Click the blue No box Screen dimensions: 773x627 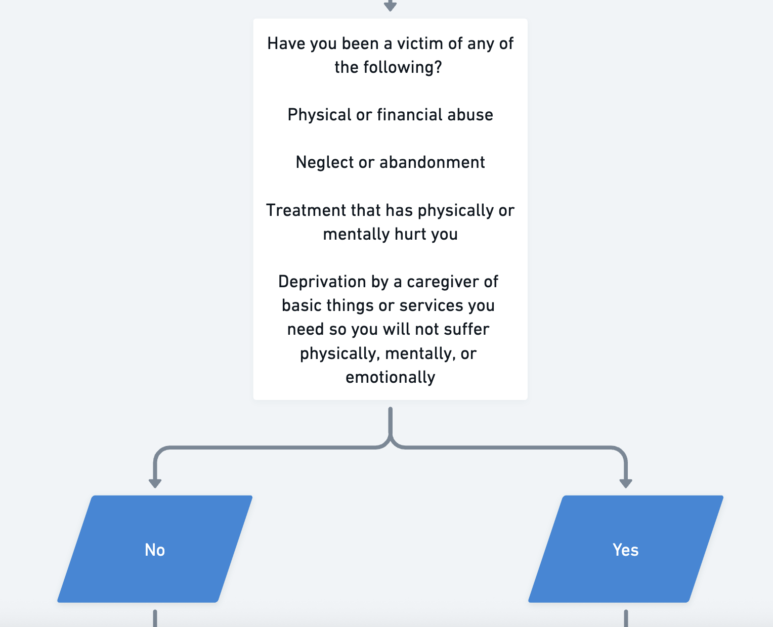tap(155, 549)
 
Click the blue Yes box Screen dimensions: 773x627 tap(626, 549)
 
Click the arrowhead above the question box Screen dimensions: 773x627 tap(390, 6)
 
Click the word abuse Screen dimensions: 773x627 tap(470, 115)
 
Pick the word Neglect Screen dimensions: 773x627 tap(324, 162)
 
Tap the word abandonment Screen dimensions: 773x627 tap(432, 162)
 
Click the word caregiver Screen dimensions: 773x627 tap(442, 282)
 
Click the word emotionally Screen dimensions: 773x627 tap(390, 378)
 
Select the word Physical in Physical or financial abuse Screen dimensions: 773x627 tap(319, 115)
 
